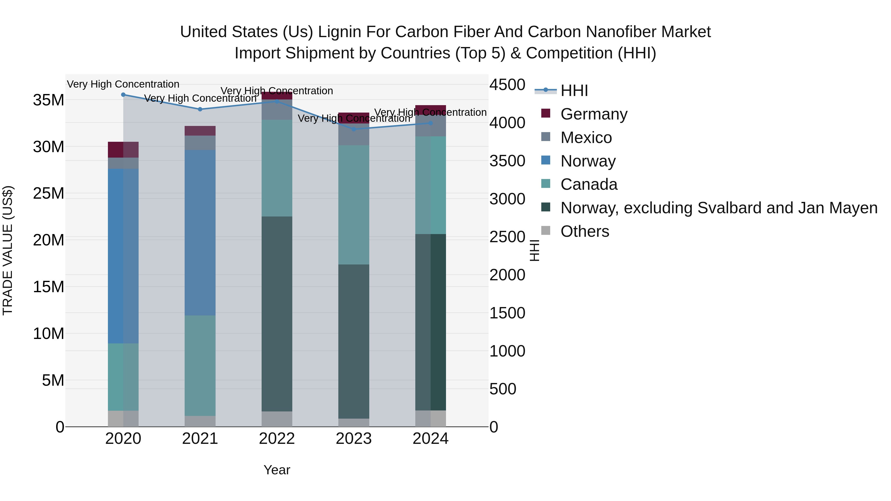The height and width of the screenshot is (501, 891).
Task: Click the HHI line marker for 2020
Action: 123,95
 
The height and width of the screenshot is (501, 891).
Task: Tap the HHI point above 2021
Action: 200,109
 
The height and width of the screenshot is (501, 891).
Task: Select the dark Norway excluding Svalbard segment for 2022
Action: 277,314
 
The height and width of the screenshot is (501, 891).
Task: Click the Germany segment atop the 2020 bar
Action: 123,150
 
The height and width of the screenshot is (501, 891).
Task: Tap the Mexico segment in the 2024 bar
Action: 430,126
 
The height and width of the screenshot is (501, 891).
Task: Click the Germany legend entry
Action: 594,114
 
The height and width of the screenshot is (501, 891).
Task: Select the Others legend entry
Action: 585,231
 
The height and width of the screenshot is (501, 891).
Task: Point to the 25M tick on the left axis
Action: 49,193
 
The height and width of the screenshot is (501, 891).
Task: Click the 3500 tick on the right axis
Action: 507,161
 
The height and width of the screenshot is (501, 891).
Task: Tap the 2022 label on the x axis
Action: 277,439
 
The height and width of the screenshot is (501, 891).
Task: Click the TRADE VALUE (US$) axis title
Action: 8,250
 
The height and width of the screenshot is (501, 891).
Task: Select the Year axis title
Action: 277,470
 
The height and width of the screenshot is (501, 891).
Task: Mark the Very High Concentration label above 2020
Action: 123,84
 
